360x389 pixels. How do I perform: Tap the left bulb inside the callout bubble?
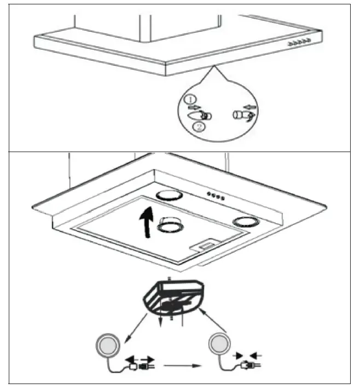pyautogui.click(x=197, y=115)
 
